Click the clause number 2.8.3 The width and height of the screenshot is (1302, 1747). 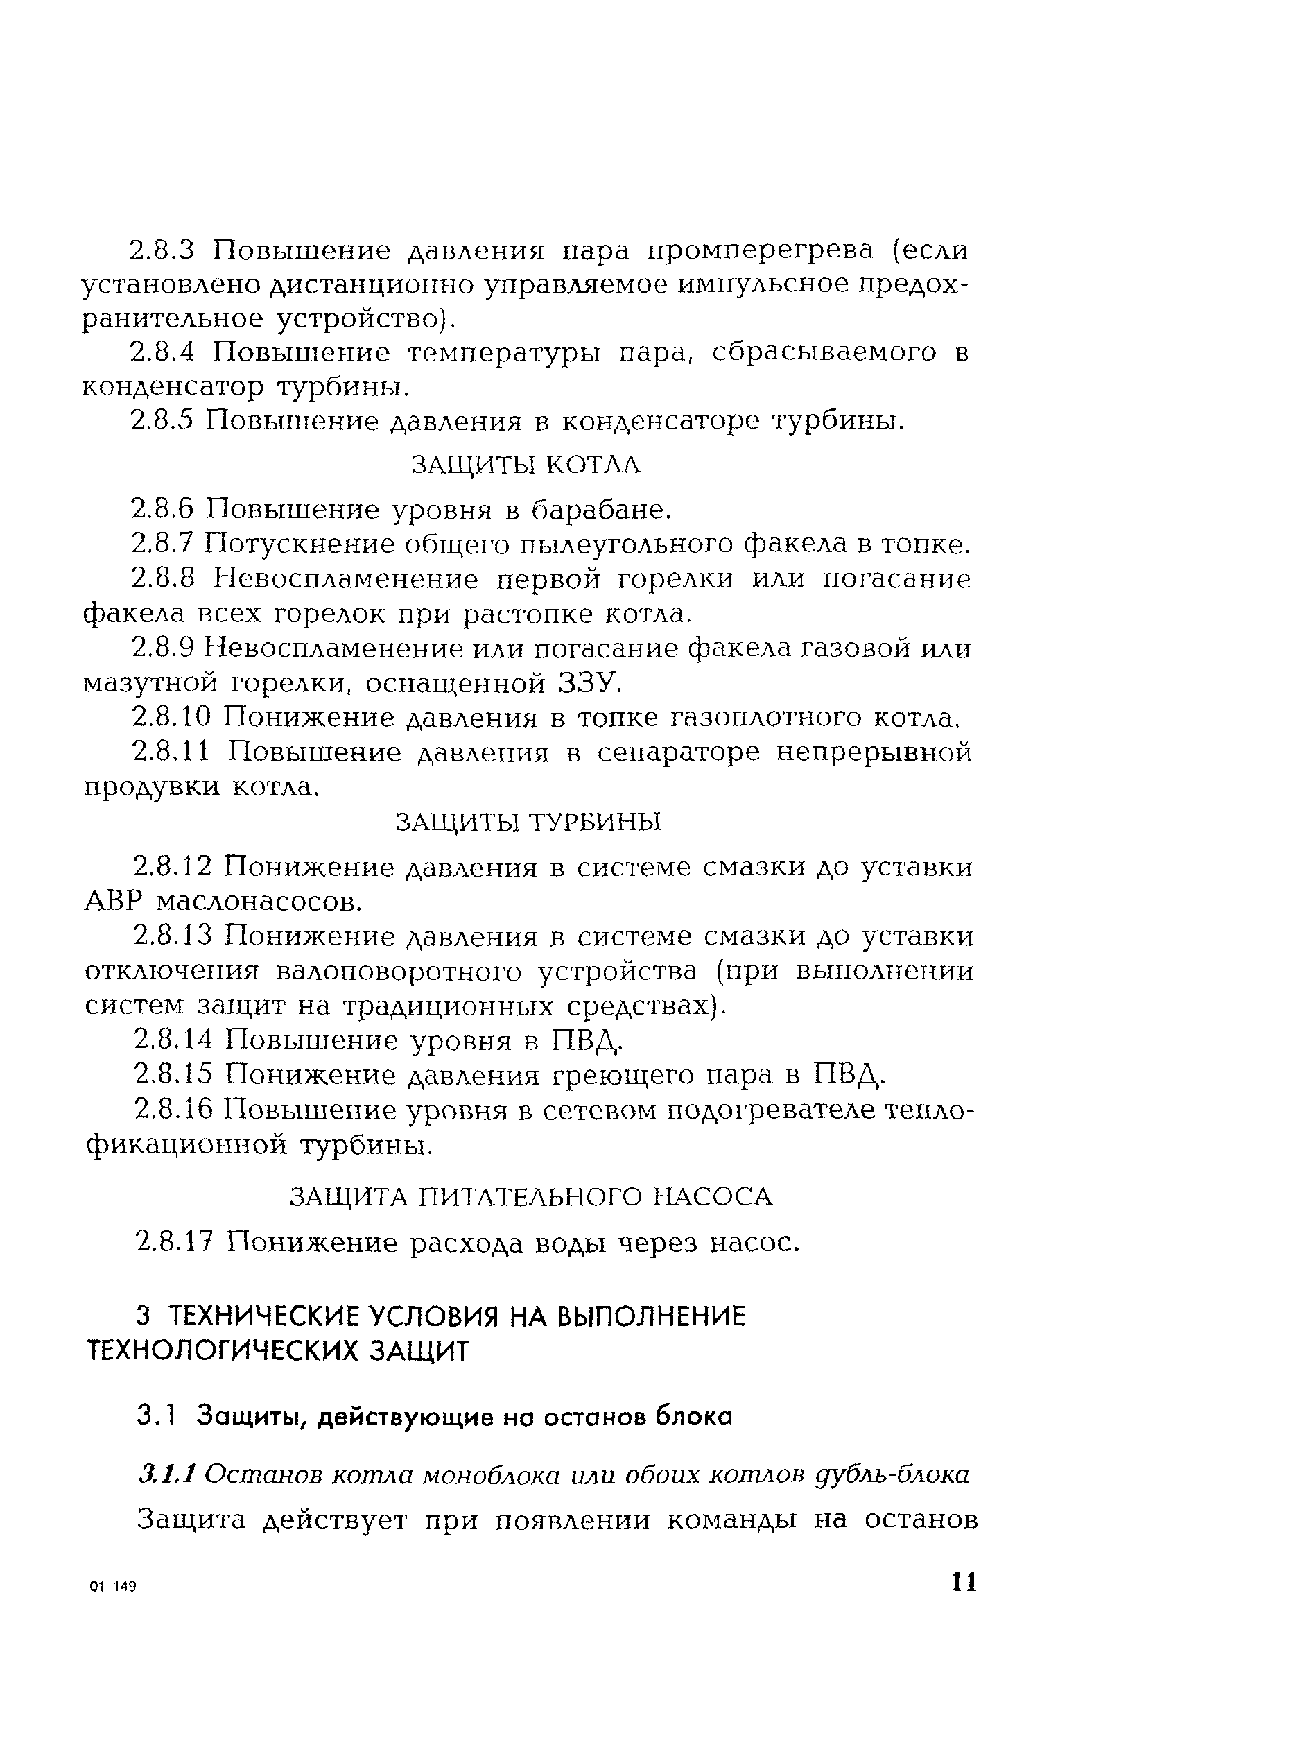161,250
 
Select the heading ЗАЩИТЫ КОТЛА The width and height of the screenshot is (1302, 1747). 526,465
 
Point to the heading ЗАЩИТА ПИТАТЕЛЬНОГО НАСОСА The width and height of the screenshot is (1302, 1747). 531,1197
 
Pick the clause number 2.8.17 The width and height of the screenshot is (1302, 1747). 173,1243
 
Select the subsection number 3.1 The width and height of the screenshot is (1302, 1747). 154,1416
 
